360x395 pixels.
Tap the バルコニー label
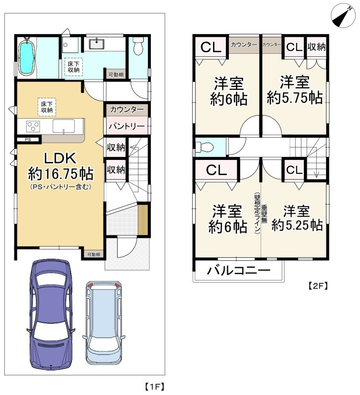pyautogui.click(x=238, y=271)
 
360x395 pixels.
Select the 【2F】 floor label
pyautogui.click(x=318, y=285)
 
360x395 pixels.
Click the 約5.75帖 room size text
pyautogui.click(x=295, y=97)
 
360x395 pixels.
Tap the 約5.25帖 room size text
pyautogui.click(x=297, y=225)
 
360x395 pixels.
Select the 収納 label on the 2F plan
pyautogui.click(x=316, y=47)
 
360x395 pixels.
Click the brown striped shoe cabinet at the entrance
pyautogui.click(x=143, y=220)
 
